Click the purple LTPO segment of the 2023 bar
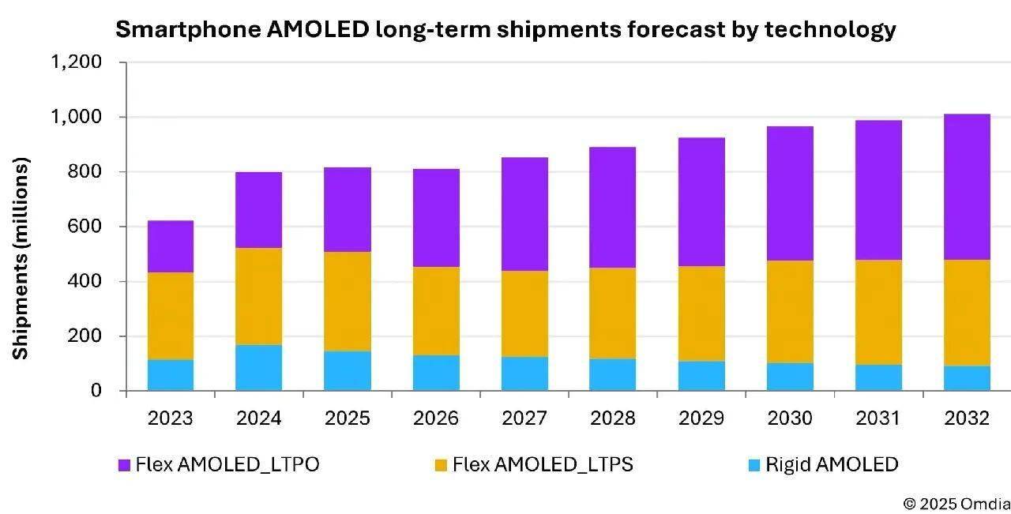[x=171, y=246]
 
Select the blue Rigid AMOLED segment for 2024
[x=259, y=368]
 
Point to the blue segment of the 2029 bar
[x=701, y=376]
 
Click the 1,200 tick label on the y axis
[x=77, y=62]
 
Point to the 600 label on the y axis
[x=85, y=227]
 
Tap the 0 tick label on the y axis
[x=96, y=391]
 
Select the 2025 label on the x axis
[x=348, y=418]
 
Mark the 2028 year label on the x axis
[x=613, y=418]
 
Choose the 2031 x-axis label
[x=878, y=418]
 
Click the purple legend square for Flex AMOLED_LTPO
[x=124, y=466]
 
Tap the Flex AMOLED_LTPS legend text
[x=543, y=465]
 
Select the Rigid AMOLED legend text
[x=832, y=465]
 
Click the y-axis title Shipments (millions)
[x=21, y=258]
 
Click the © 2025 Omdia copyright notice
[x=957, y=503]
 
